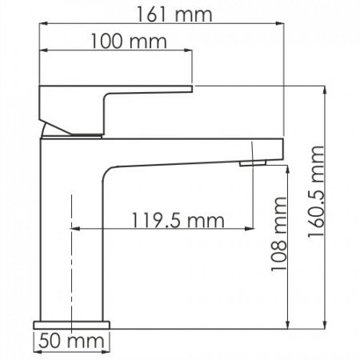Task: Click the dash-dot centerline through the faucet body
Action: coord(72,264)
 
